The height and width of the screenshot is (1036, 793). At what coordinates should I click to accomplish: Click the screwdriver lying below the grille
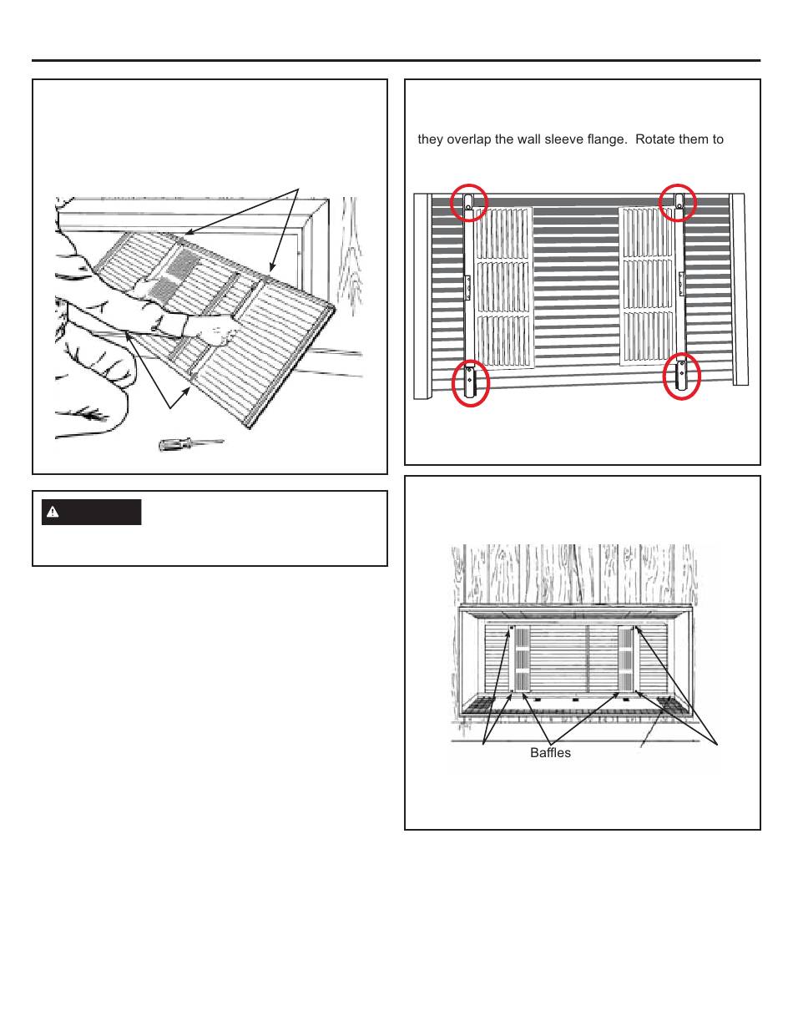(x=190, y=444)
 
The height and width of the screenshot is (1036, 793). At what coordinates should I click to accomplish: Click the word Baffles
(x=550, y=753)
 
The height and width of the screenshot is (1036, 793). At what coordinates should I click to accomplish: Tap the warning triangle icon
(x=53, y=512)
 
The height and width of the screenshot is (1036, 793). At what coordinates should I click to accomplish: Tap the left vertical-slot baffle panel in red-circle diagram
(x=503, y=288)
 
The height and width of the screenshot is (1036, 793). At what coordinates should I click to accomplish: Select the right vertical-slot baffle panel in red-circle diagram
(x=648, y=286)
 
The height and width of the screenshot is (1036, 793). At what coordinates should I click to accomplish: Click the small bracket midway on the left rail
(x=467, y=287)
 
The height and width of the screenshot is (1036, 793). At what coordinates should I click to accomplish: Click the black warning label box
(x=92, y=512)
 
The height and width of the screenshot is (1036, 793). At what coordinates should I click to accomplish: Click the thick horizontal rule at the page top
(x=396, y=61)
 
